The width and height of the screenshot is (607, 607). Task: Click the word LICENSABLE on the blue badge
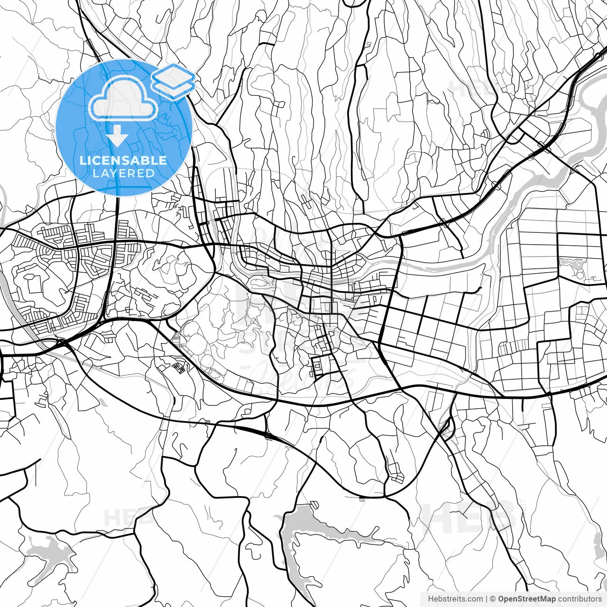click(123, 160)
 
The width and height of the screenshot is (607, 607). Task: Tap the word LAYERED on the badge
click(123, 174)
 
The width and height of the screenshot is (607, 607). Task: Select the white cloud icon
click(123, 98)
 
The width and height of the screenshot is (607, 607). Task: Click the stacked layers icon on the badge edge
click(174, 81)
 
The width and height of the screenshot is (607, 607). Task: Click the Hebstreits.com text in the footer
click(455, 599)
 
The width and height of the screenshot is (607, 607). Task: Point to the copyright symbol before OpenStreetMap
click(493, 599)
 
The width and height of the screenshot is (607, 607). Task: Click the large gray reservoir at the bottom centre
click(303, 526)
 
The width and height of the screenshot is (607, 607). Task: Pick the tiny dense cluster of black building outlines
click(179, 368)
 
